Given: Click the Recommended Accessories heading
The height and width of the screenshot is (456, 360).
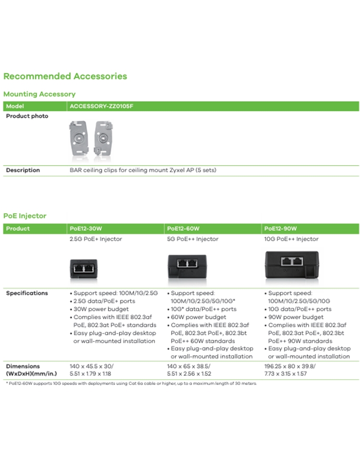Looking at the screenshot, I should click(65, 76).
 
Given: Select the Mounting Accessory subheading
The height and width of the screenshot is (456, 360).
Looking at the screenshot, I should click(39, 94).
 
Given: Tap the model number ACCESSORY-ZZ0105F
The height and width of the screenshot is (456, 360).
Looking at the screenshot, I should click(101, 106).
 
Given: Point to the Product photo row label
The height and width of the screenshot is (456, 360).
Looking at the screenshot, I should click(27, 116).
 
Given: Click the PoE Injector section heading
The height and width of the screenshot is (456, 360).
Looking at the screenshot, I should click(25, 216).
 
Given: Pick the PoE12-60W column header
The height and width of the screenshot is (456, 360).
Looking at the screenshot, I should click(183, 228).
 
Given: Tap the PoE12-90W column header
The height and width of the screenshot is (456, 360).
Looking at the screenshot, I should click(281, 228).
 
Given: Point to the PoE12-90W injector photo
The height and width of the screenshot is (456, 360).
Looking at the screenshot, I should click(293, 264).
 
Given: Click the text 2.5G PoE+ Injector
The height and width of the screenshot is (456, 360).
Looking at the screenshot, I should click(96, 239).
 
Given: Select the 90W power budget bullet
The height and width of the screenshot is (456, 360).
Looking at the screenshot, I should click(296, 317).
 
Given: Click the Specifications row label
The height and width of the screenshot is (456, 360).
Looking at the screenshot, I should click(27, 293).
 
